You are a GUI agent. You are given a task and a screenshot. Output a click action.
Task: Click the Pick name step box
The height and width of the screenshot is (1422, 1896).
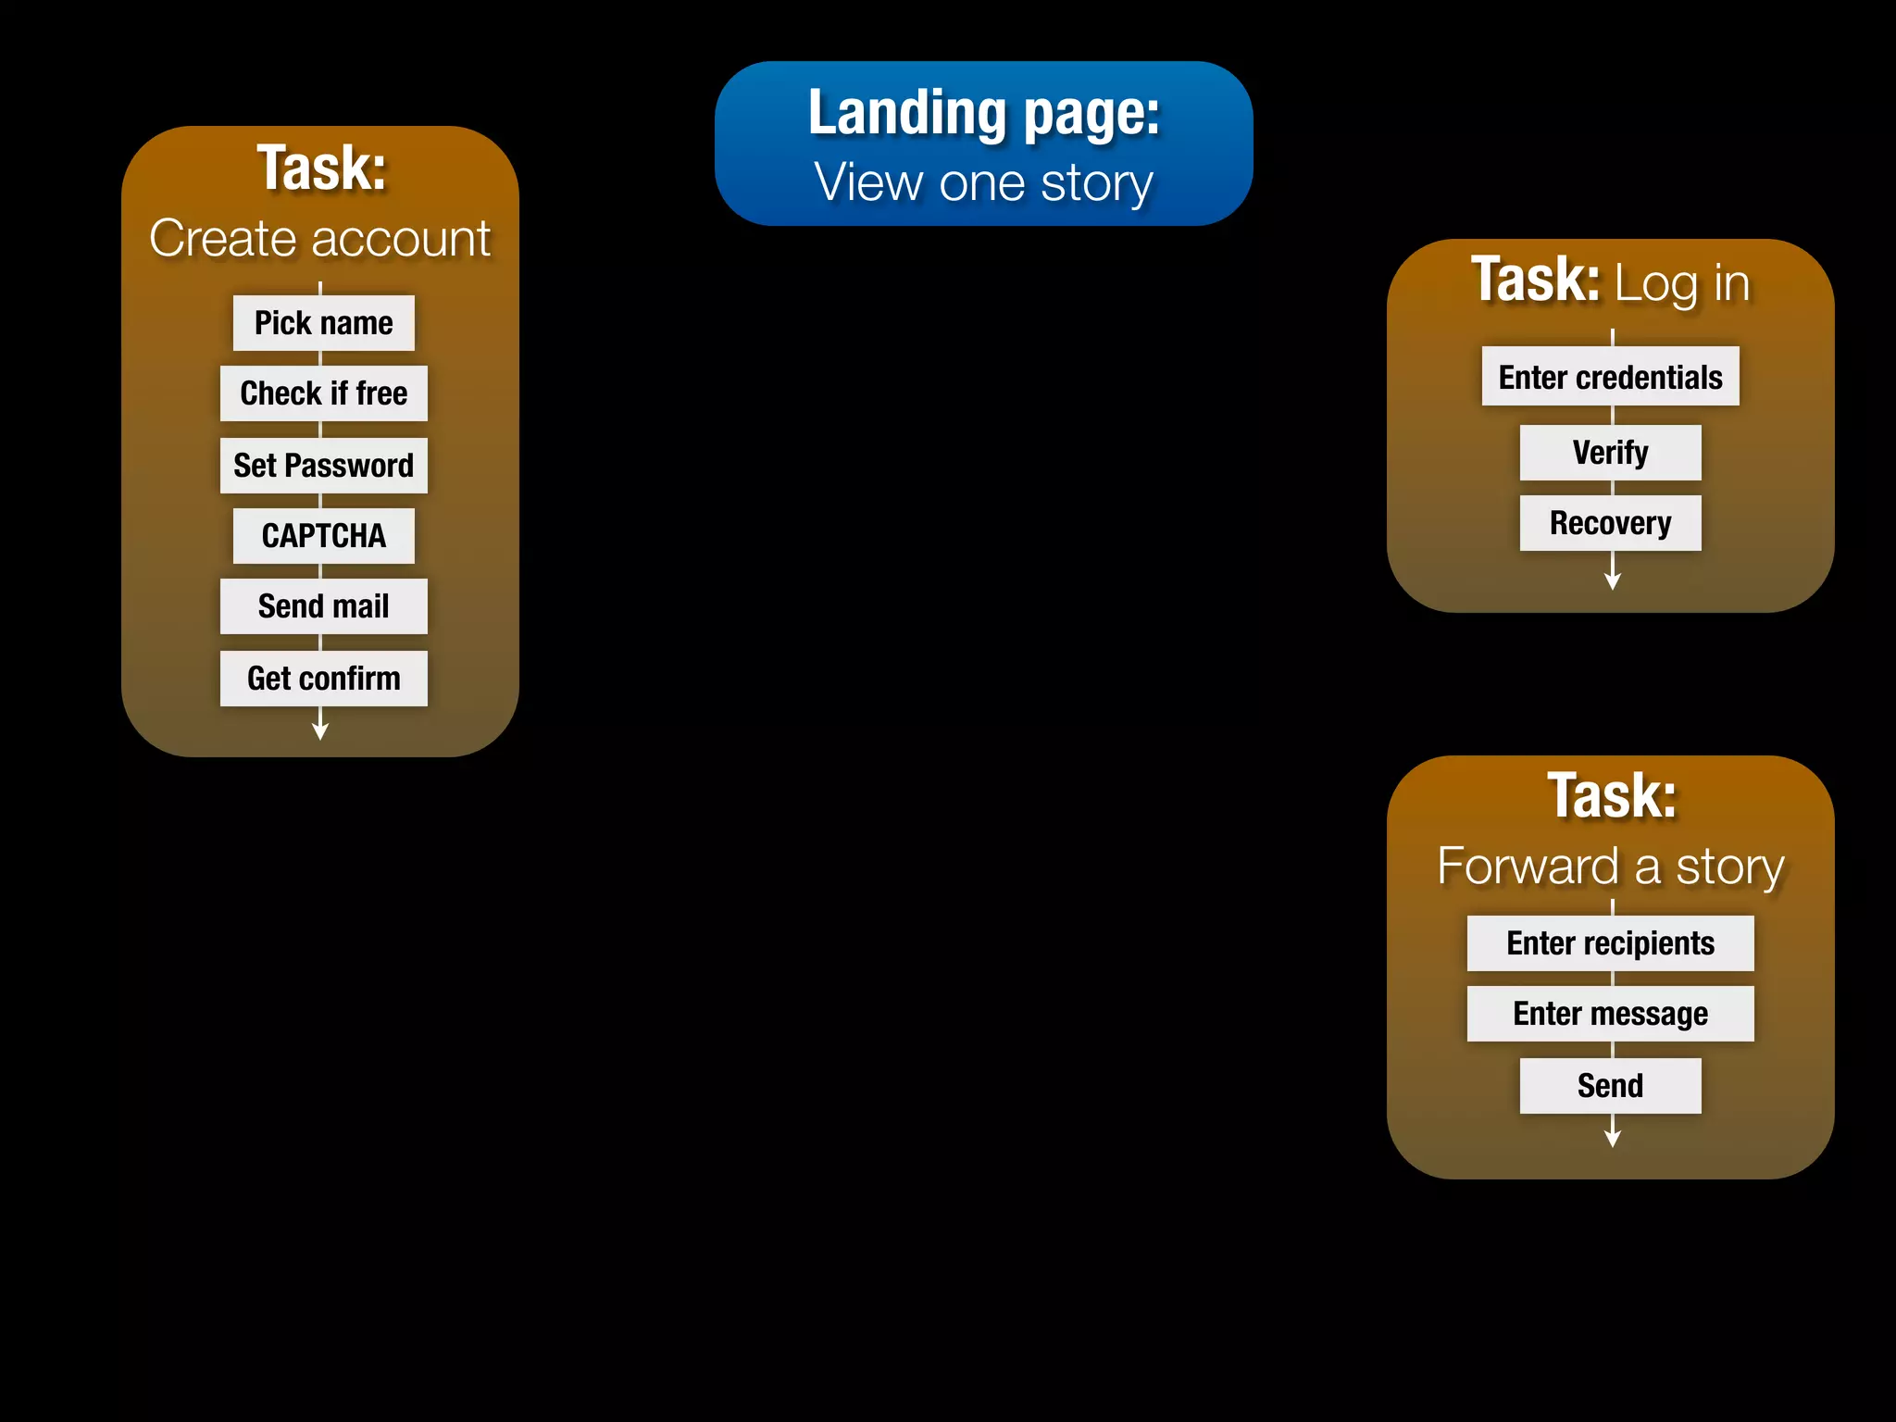pyautogui.click(x=323, y=323)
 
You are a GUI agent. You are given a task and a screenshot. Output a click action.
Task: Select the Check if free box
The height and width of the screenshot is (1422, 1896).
pyautogui.click(x=323, y=393)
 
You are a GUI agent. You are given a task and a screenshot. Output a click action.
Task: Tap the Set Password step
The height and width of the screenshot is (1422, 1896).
pyautogui.click(x=323, y=466)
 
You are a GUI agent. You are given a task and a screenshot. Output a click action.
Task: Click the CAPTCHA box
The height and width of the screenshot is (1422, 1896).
pyautogui.click(x=323, y=536)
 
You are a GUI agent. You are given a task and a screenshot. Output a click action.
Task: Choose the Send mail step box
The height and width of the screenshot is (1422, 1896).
pyautogui.click(x=323, y=606)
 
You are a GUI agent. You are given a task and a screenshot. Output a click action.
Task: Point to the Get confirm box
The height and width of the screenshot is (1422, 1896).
pyautogui.click(x=323, y=679)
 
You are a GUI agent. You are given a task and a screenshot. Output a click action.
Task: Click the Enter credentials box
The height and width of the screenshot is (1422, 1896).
pyautogui.click(x=1610, y=377)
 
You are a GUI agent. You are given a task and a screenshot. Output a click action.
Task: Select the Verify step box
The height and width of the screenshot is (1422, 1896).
pyautogui.click(x=1610, y=453)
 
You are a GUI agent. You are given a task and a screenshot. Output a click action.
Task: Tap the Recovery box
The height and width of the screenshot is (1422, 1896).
pyautogui.click(x=1610, y=523)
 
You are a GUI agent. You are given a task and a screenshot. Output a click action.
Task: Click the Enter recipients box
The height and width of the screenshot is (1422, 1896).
pyautogui.click(x=1610, y=943)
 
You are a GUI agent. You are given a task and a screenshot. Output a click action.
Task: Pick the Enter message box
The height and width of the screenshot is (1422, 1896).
pyautogui.click(x=1610, y=1014)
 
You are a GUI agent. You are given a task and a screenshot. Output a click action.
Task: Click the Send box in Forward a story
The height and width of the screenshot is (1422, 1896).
pyautogui.click(x=1610, y=1086)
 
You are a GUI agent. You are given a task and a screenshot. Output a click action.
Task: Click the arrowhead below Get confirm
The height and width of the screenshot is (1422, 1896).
pyautogui.click(x=320, y=731)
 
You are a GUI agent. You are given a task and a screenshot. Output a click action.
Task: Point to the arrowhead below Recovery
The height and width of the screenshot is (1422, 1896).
pyautogui.click(x=1613, y=581)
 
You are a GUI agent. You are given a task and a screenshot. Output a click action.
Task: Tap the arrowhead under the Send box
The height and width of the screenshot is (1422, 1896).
pyautogui.click(x=1613, y=1139)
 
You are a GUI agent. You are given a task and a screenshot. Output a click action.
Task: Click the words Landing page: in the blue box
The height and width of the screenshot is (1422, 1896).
pyautogui.click(x=983, y=113)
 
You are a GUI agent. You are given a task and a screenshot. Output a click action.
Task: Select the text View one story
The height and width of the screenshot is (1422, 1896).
pyautogui.click(x=983, y=182)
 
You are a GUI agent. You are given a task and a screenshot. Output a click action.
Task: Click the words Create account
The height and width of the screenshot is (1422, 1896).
pyautogui.click(x=319, y=239)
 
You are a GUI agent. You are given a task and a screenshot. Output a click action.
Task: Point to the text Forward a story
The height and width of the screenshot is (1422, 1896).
pyautogui.click(x=1610, y=867)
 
